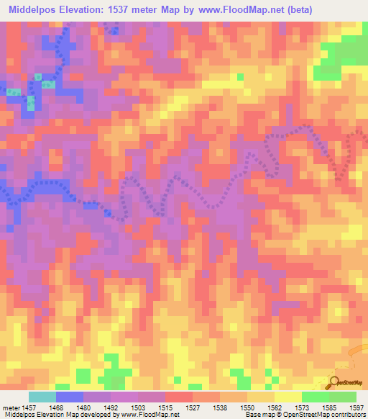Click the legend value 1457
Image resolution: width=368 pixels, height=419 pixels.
point(28,407)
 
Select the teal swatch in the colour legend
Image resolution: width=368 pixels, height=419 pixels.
point(42,397)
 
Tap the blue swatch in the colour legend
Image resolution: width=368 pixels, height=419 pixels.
point(69,397)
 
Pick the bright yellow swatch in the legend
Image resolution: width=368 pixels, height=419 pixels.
point(287,397)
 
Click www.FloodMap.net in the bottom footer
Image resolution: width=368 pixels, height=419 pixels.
point(153,415)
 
